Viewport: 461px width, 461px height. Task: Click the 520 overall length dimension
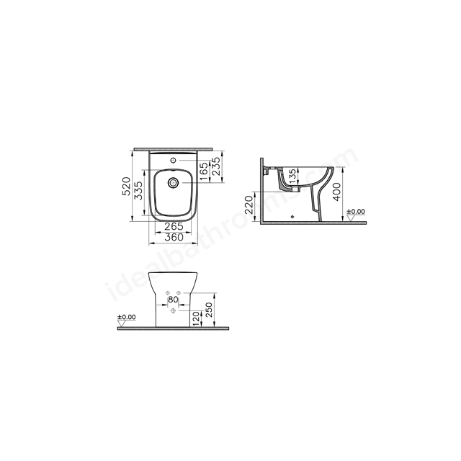[126, 186]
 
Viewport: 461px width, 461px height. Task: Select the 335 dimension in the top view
[138, 190]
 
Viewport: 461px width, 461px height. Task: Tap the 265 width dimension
[174, 226]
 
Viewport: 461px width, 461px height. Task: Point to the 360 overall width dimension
[174, 237]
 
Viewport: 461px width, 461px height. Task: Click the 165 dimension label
[203, 172]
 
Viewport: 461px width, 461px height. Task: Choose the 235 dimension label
[215, 166]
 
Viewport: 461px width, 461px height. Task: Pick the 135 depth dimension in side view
[293, 176]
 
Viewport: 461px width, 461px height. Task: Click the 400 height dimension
[337, 192]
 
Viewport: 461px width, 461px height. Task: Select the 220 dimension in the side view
[249, 205]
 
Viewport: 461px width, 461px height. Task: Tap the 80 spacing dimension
[173, 300]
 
